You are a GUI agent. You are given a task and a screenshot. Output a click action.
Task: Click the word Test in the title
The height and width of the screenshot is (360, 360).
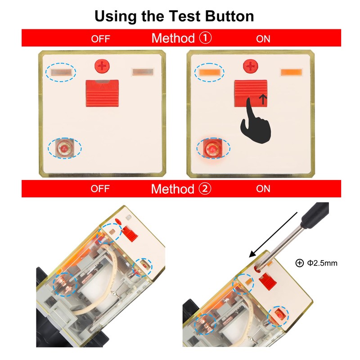click(x=184, y=16)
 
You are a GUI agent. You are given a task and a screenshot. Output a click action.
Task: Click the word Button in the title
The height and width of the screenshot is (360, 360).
click(x=229, y=16)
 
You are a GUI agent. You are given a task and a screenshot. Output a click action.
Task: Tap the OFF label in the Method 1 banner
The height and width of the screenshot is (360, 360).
click(x=100, y=39)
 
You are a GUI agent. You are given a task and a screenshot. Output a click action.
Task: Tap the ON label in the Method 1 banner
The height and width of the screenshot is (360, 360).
click(x=263, y=39)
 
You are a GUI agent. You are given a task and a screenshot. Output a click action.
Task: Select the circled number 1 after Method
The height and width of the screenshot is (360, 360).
click(x=205, y=38)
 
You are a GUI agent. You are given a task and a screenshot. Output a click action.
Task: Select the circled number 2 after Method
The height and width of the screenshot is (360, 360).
click(x=205, y=189)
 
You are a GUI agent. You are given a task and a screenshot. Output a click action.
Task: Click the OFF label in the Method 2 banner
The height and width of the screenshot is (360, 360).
click(x=100, y=189)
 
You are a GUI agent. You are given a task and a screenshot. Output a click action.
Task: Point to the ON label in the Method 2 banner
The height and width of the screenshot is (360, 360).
click(x=263, y=189)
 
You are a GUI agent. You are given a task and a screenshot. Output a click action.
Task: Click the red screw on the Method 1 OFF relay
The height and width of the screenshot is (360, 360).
click(x=102, y=66)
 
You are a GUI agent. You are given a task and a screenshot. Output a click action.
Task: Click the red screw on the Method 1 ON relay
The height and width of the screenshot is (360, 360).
click(x=251, y=66)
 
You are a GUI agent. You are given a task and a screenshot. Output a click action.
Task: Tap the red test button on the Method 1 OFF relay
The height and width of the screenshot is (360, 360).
click(x=102, y=93)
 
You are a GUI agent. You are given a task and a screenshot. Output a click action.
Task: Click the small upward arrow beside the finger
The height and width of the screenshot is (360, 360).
click(x=263, y=99)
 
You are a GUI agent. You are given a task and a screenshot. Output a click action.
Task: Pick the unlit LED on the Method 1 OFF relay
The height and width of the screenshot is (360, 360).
click(x=64, y=148)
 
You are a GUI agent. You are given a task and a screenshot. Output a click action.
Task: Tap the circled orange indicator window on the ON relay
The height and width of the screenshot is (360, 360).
click(x=209, y=72)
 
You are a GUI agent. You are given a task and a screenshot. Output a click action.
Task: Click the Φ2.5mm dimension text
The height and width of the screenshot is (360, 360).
click(x=322, y=263)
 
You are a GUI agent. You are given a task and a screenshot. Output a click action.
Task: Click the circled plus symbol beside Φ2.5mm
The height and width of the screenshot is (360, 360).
click(x=299, y=263)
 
